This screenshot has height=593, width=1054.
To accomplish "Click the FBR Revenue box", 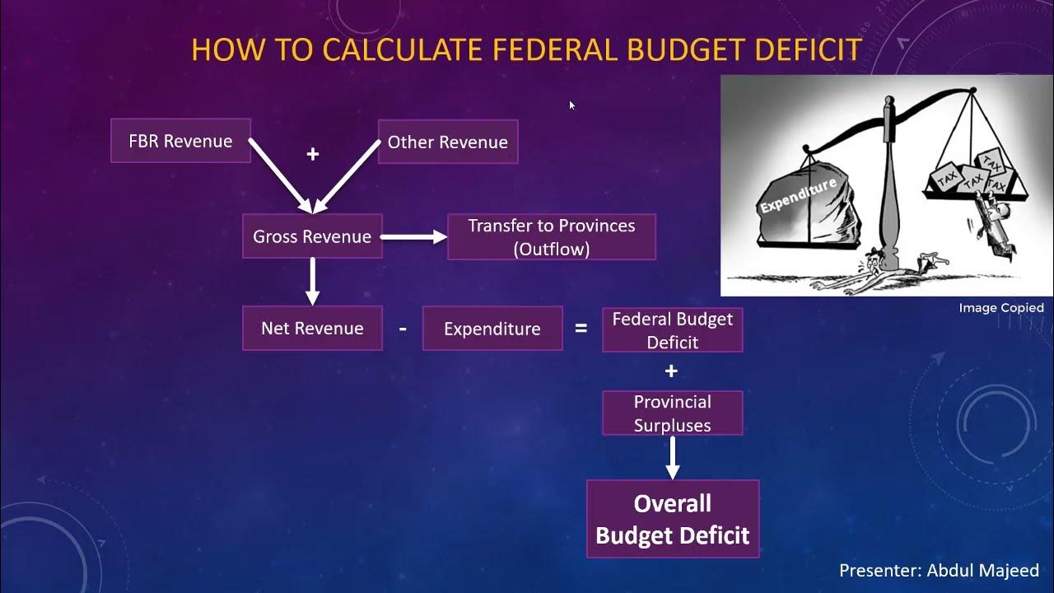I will coord(180,141).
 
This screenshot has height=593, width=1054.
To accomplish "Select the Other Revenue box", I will coord(447,142).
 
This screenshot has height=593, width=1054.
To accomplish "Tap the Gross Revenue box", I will coord(312,236).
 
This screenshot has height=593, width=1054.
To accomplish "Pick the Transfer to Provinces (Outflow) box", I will coord(551,237).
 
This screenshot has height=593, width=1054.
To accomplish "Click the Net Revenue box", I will coord(312,329).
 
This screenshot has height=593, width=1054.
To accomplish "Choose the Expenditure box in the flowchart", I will coord(492,329).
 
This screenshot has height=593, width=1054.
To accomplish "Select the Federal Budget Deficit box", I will coord(672,330).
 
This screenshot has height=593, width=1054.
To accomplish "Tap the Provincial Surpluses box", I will coord(672,413).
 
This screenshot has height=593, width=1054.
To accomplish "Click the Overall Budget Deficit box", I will coord(672,519).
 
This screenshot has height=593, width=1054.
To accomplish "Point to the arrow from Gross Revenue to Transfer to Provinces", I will coord(413,237).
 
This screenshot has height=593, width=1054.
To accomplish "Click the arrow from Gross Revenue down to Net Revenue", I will coord(312,281).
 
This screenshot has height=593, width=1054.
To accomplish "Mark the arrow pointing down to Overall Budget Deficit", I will coord(672,457).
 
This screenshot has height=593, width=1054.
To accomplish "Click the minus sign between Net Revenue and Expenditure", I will coord(403,329).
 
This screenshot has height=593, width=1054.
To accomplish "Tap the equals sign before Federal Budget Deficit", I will coord(581,329).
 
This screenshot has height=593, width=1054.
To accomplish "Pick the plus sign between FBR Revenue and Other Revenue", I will coord(312,154).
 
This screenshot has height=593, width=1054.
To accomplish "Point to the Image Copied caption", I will coord(1000,308).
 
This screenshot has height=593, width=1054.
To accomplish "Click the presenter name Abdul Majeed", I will coord(983,570).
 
